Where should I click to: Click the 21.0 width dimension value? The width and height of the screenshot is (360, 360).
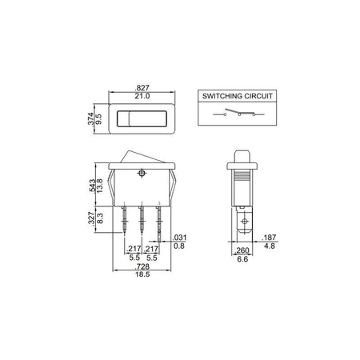(142, 96)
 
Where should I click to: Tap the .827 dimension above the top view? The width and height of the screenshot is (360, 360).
(142, 88)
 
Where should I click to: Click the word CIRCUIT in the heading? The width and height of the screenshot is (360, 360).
(258, 96)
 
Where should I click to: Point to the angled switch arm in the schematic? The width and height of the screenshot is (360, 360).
(233, 111)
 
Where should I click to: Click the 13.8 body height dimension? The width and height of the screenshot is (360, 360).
(99, 186)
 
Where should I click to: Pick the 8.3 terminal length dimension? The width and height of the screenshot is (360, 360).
(100, 218)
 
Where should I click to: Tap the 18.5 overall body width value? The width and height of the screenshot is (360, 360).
(142, 274)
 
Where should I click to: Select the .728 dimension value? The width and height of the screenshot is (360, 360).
(142, 266)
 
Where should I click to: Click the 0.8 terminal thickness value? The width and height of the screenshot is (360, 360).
(179, 246)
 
